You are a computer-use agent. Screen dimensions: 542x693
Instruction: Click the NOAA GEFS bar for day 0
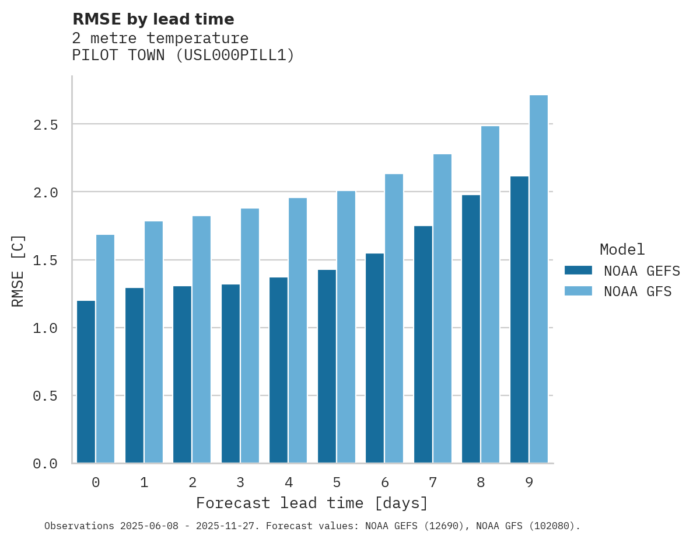(86, 382)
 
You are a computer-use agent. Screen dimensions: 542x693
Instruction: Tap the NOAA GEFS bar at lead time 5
(327, 366)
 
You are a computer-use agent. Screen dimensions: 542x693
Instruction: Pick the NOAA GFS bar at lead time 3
(250, 336)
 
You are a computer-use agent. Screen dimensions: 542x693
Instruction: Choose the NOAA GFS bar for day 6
(394, 318)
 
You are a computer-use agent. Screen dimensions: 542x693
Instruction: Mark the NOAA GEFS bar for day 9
(519, 319)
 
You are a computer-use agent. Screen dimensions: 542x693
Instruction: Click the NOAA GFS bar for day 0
(105, 349)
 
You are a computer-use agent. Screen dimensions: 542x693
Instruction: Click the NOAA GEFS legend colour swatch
(578, 270)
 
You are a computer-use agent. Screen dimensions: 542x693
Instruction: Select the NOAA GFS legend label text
(638, 291)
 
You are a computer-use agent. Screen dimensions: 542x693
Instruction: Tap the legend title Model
(622, 249)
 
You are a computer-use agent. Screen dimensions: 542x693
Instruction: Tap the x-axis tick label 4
(288, 482)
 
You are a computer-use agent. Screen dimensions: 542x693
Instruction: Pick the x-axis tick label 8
(481, 482)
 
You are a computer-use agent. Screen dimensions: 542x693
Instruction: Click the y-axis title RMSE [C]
(18, 270)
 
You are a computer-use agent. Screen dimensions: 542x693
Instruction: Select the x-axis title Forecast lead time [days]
(312, 503)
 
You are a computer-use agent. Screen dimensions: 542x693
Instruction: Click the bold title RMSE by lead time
(153, 19)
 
